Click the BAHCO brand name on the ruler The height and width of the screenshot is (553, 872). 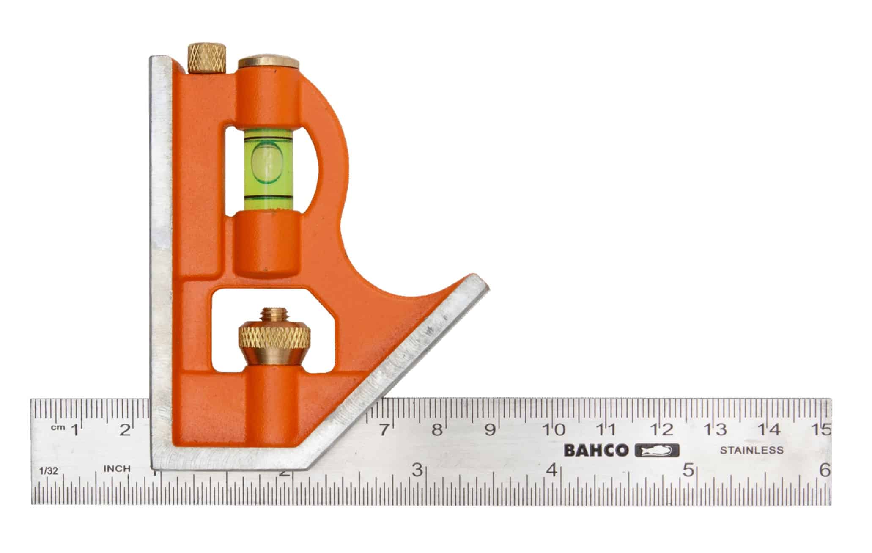(596, 451)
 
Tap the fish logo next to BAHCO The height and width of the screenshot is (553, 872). (657, 451)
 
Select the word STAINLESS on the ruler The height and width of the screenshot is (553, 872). (751, 450)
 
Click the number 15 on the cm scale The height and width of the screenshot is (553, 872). (821, 430)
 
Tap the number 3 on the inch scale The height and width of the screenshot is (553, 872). (417, 470)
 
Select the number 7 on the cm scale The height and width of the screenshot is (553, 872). (383, 430)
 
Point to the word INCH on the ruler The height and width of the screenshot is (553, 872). (117, 469)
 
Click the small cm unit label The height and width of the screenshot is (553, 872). (57, 428)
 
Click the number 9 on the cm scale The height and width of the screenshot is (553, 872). (490, 430)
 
